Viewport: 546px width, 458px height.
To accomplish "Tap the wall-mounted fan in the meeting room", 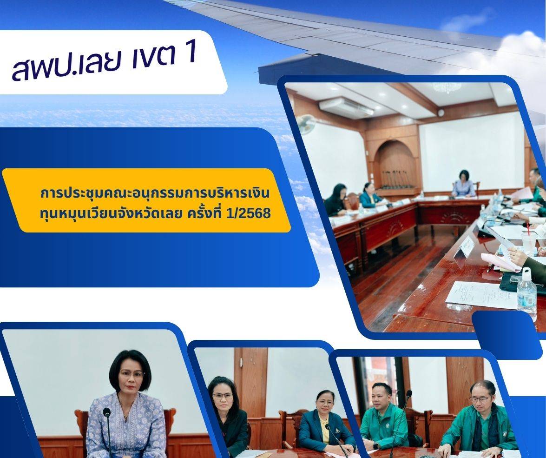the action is coord(306,124).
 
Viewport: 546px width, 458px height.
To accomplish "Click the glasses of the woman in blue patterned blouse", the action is coord(132,374).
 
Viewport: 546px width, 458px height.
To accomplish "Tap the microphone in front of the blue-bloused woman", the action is coord(108,428).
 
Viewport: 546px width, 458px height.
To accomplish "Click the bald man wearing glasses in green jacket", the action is coord(481,418).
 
